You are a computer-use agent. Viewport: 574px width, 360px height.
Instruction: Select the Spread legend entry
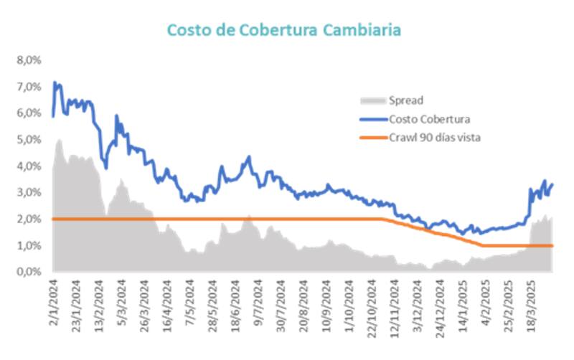coord(405,100)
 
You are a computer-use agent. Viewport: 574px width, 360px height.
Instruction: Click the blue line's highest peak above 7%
coord(55,82)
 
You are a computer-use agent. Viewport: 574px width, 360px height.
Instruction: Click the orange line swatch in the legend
coord(372,137)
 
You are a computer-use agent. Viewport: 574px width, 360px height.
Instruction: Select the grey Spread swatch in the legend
coord(372,100)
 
